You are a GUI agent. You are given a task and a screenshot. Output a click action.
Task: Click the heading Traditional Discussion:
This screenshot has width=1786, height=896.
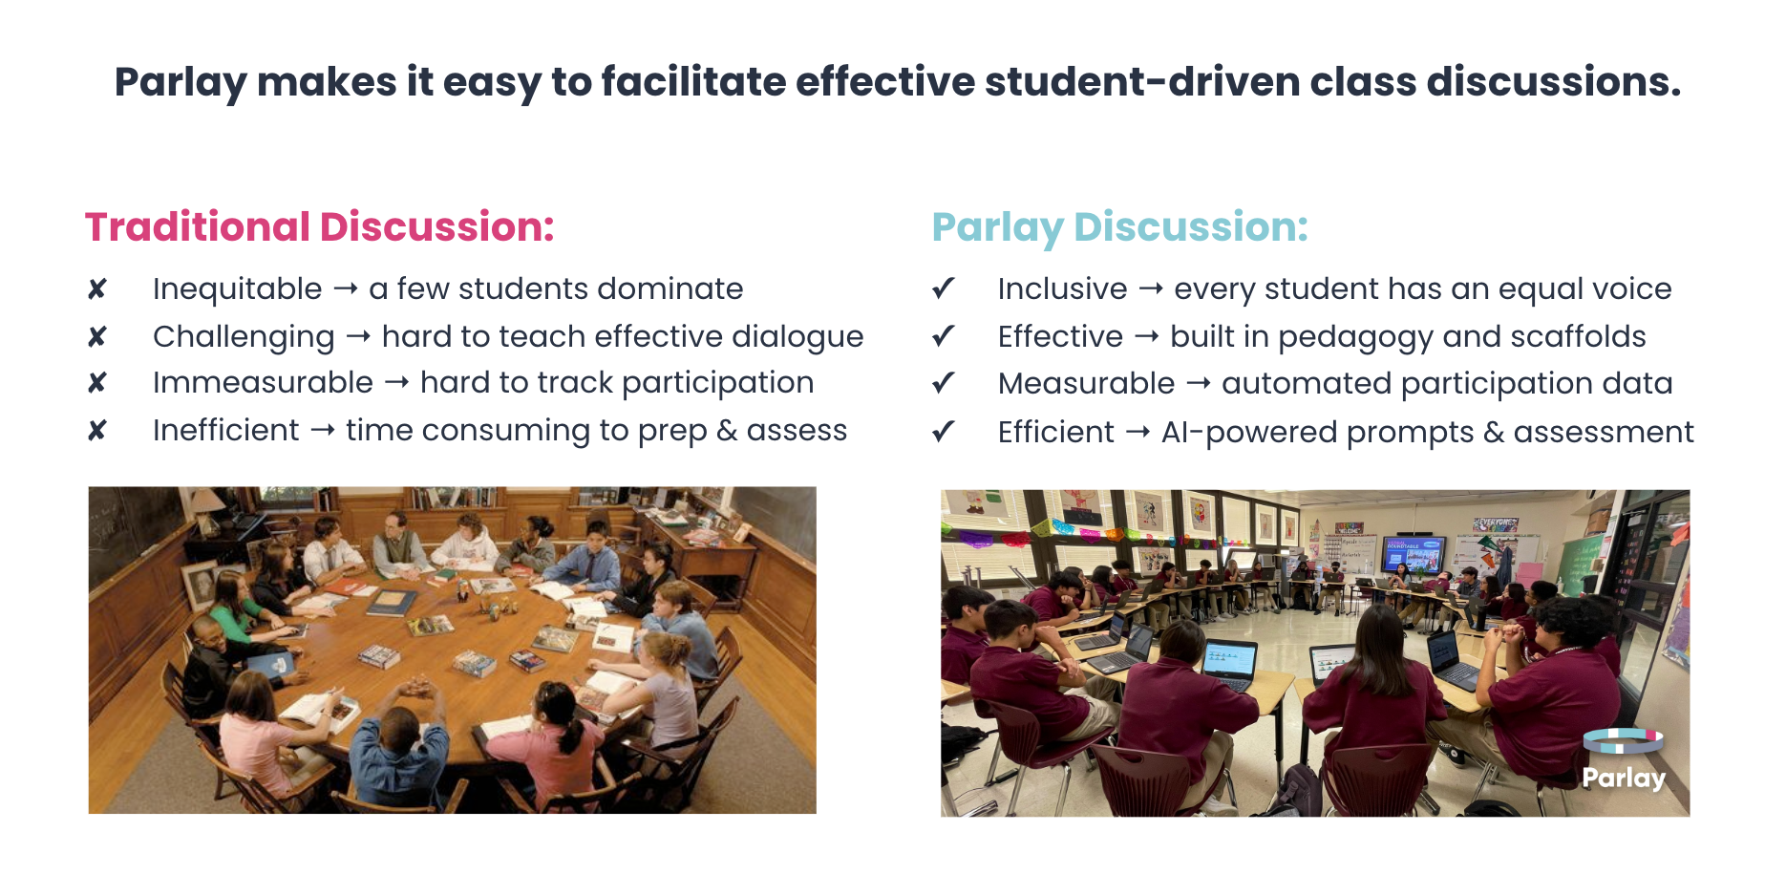point(320,227)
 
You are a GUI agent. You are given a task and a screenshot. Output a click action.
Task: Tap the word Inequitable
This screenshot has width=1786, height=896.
point(238,289)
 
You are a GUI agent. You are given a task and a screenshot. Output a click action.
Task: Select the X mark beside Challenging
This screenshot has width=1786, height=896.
point(97,337)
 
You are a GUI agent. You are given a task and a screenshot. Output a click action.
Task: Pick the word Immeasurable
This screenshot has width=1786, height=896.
point(263,383)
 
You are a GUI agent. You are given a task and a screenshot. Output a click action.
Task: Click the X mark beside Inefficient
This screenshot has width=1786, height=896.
point(97,431)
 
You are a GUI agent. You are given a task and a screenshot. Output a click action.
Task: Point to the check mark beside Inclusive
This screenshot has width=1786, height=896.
point(944,288)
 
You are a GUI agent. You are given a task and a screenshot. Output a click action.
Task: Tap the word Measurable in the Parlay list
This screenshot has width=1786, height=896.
point(1086,384)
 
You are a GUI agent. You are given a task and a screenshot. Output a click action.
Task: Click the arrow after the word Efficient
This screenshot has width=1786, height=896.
point(1138,433)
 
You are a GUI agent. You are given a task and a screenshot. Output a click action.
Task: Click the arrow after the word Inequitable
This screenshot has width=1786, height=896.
point(346,288)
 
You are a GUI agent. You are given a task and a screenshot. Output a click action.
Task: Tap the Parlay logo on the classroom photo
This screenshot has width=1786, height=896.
point(1624,760)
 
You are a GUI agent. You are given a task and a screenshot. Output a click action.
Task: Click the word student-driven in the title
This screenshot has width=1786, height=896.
point(1141,82)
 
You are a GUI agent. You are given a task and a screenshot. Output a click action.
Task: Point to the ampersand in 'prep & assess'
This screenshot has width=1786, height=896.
point(727,431)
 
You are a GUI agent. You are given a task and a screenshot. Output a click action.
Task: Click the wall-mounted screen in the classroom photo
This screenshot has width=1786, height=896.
point(1414,554)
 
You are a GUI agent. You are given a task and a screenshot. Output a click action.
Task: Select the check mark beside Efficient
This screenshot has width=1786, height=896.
point(944,432)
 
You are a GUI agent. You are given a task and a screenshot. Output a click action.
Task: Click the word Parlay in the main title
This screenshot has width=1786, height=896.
point(181,83)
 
